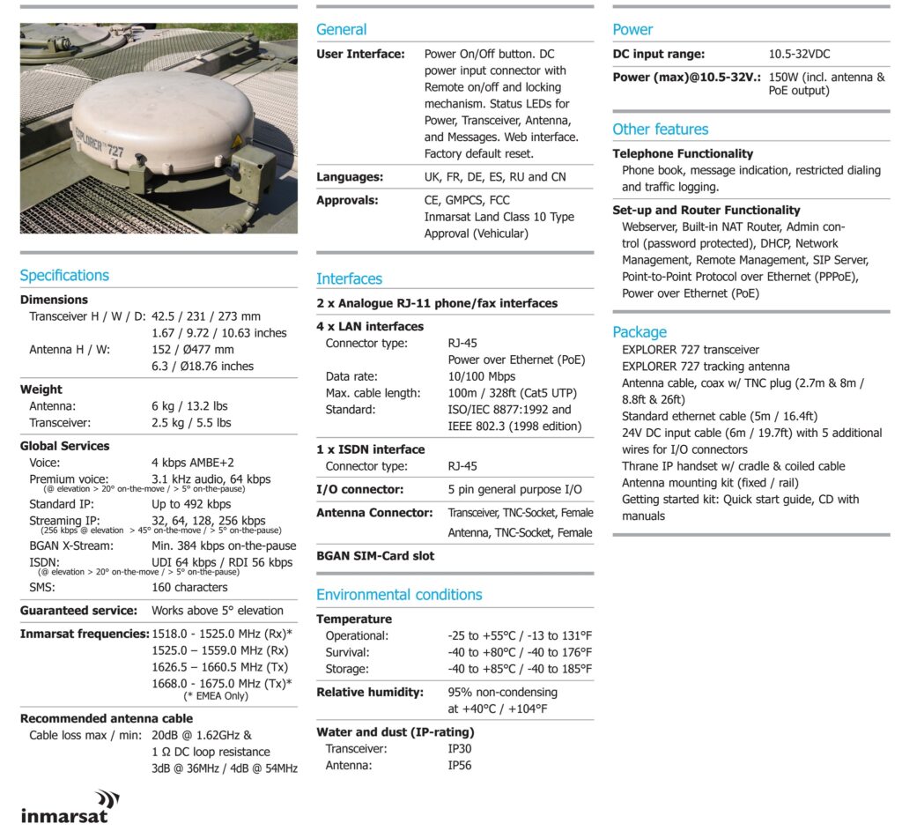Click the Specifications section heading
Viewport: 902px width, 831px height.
[x=64, y=275]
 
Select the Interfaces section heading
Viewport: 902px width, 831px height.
[x=349, y=278]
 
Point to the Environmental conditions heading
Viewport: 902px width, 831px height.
[x=399, y=594]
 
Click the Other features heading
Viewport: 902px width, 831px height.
[x=660, y=130]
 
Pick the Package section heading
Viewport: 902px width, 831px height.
[x=640, y=331]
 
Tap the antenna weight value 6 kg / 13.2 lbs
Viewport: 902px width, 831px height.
[x=189, y=406]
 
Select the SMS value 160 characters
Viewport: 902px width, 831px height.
[x=189, y=587]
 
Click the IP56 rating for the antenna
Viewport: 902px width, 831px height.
[x=459, y=766]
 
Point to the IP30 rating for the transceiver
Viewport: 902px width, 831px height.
[x=459, y=749]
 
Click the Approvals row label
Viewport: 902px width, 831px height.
[x=347, y=200]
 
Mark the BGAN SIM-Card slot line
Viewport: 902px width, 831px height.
[x=375, y=556]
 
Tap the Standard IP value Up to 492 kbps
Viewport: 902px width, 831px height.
[x=191, y=504]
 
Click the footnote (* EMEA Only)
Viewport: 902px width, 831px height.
[x=210, y=696]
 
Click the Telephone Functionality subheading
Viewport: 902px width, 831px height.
[x=683, y=153]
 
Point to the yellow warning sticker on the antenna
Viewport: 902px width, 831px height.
[x=237, y=143]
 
